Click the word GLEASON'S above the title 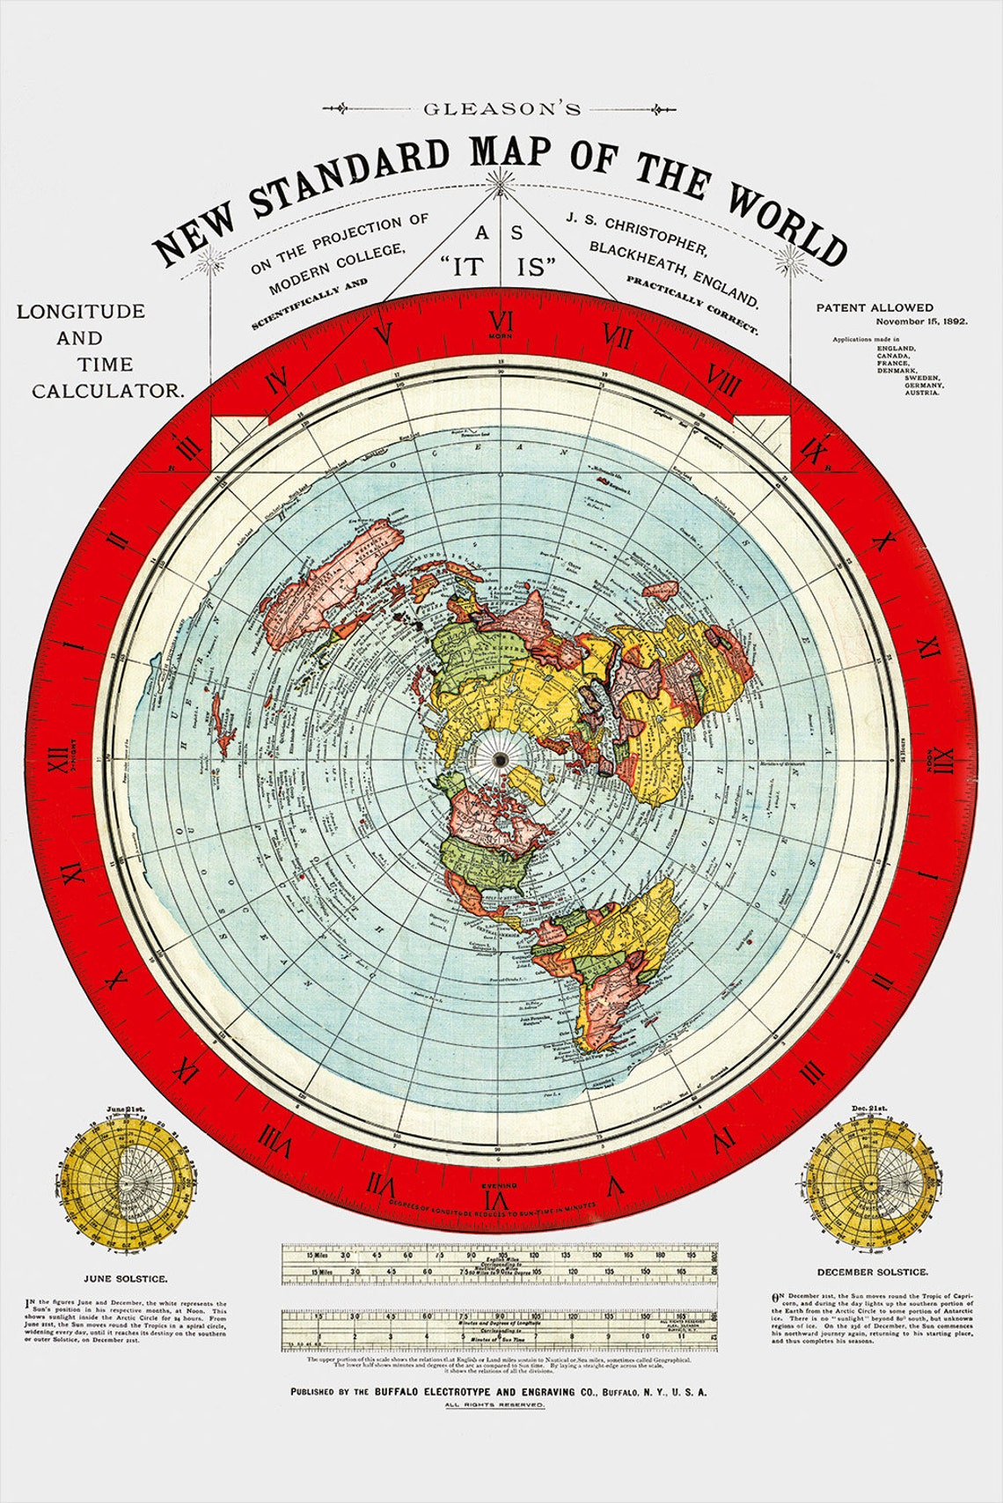(501, 109)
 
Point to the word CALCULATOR (108, 390)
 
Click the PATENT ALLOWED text (875, 307)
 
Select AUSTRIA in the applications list (921, 393)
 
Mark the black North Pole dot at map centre (500, 759)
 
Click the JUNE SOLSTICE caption (126, 1278)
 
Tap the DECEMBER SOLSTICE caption (871, 1271)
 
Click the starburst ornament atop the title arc (502, 182)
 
